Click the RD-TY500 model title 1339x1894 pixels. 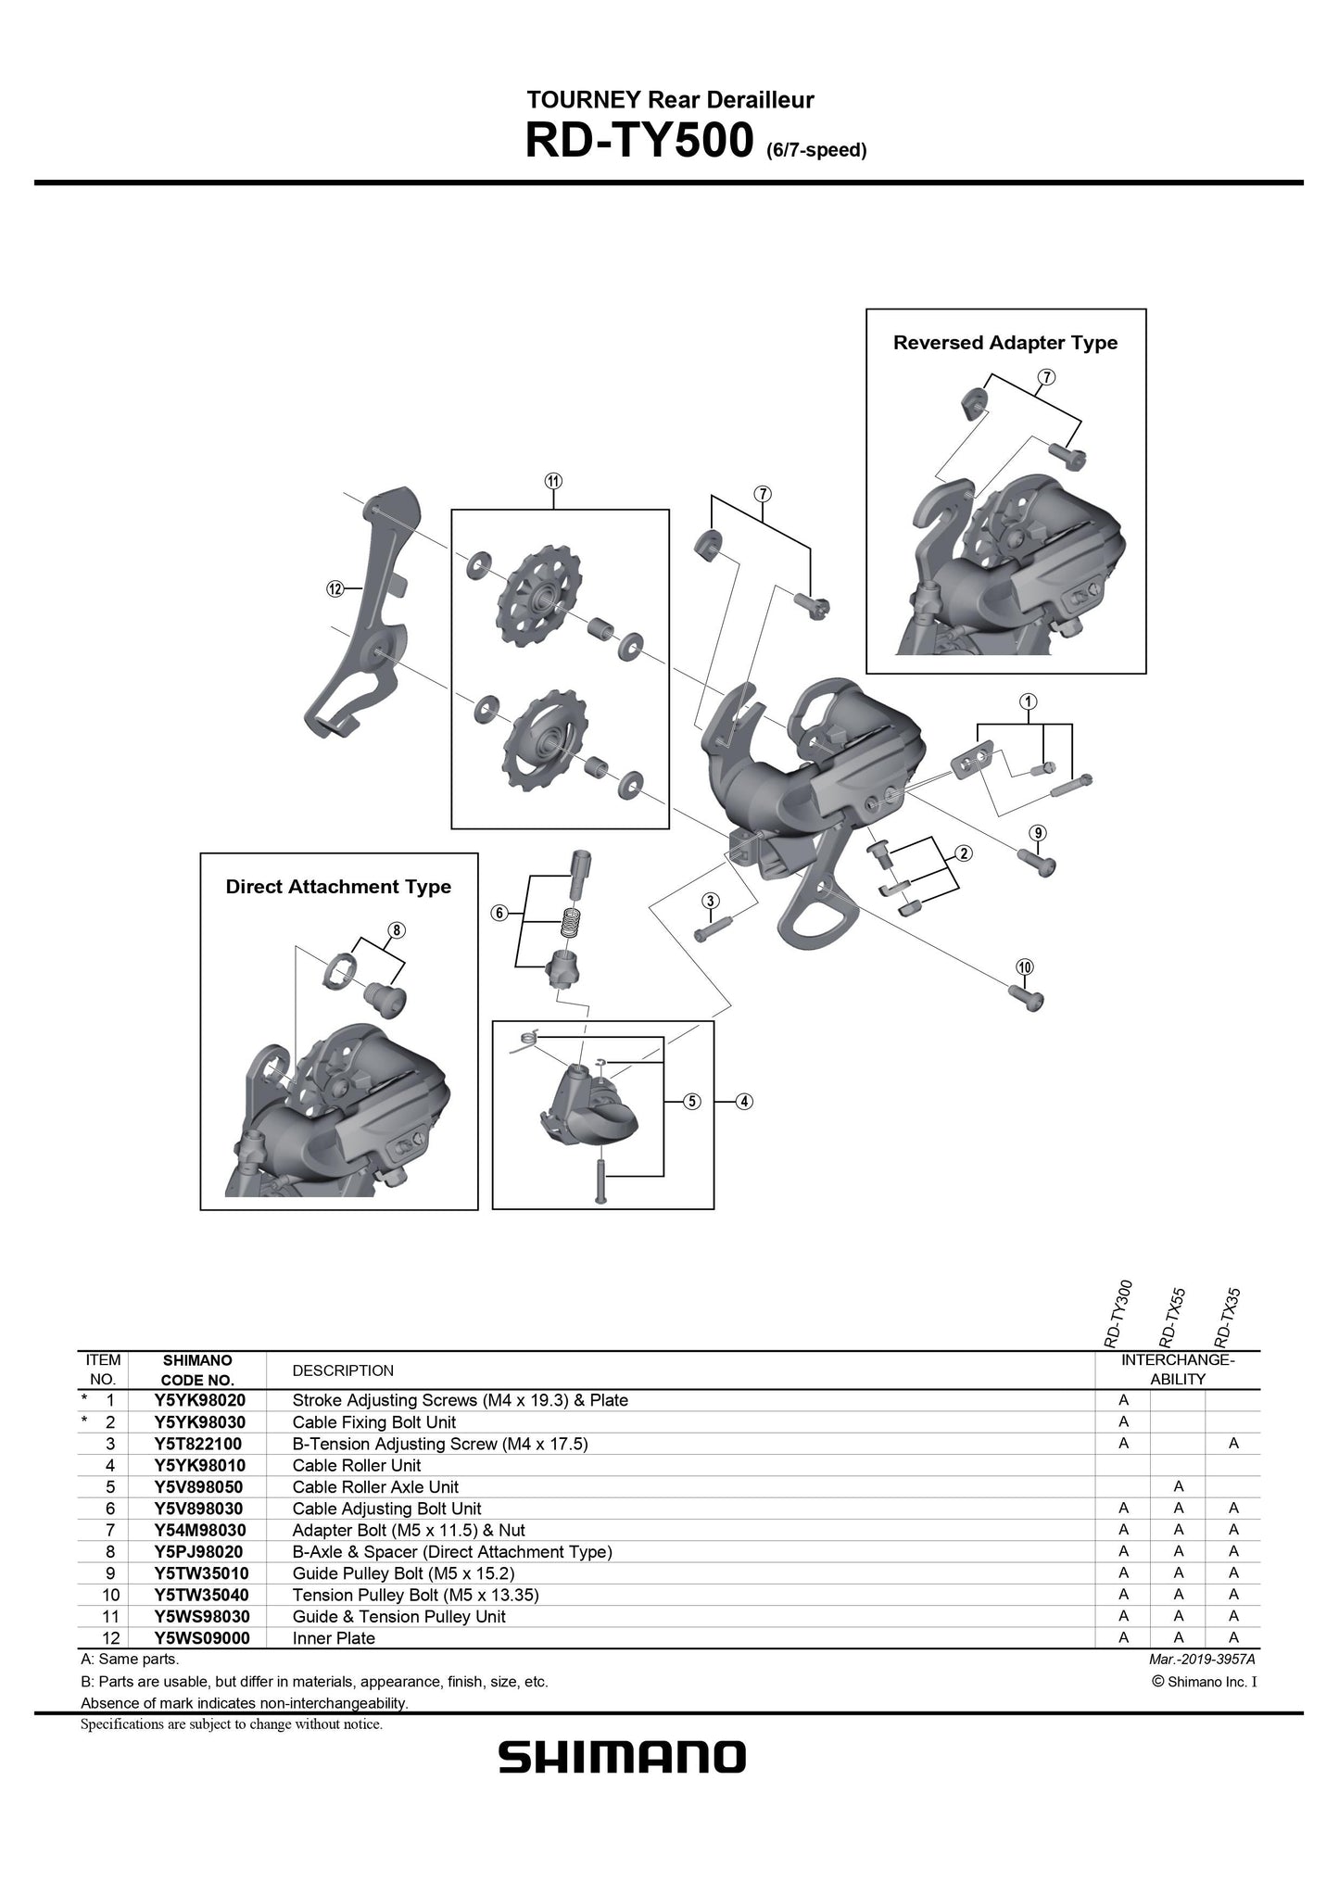click(x=638, y=142)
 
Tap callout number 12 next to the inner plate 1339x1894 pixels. click(x=335, y=588)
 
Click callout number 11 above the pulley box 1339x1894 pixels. click(x=553, y=481)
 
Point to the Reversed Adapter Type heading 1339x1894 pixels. click(x=1004, y=343)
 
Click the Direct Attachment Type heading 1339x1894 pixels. click(x=338, y=887)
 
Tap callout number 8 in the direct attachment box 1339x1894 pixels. click(x=395, y=930)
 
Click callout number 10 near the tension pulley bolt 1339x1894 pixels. click(x=1024, y=967)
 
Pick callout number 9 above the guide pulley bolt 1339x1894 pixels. click(x=1038, y=833)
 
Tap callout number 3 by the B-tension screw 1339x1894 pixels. click(x=711, y=901)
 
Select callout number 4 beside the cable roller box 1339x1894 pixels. click(x=745, y=1102)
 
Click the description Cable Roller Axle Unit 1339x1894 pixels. click(x=375, y=1486)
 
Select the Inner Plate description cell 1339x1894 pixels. click(x=334, y=1637)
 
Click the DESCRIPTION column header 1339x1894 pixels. click(x=343, y=1370)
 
